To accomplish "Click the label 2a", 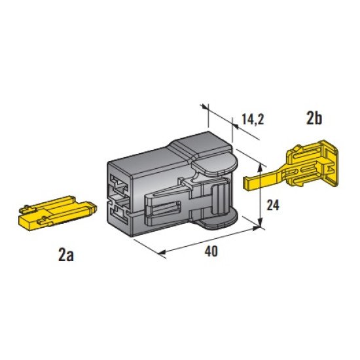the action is coord(66,256).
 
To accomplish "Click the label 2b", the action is coord(314,118).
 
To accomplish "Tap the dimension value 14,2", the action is coord(253,119).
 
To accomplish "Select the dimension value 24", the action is coord(273,205).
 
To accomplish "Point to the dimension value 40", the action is coord(211,251).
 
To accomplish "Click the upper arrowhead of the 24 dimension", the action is coord(260,167).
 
